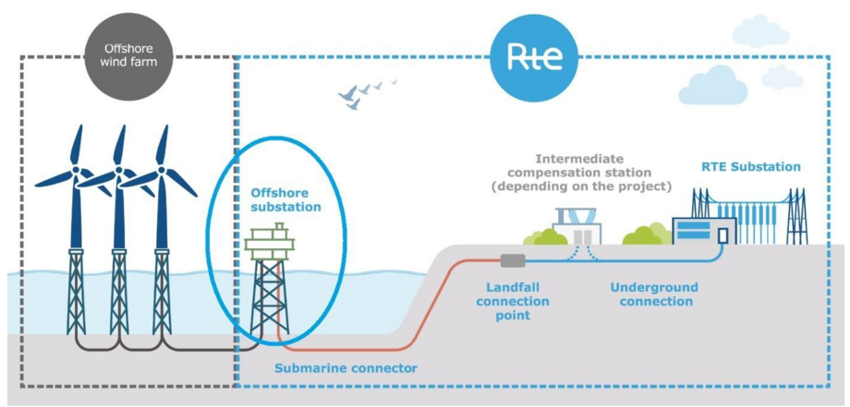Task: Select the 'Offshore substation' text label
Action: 285,200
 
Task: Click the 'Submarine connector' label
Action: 346,368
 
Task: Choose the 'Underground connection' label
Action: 654,294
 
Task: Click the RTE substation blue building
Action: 703,232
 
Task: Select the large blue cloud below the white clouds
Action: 712,87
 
